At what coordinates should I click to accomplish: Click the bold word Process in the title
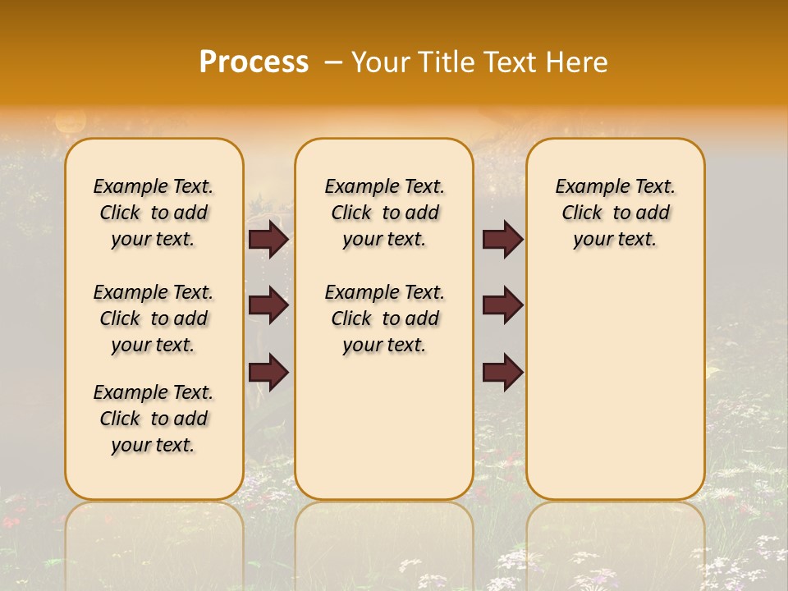coord(254,62)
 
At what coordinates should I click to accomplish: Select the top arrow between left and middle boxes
coord(268,240)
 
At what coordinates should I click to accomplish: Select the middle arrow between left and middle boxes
coord(268,305)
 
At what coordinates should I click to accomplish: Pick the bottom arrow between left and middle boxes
coord(268,372)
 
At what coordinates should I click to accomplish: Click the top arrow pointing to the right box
coord(502,240)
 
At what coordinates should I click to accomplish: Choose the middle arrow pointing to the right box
coord(502,305)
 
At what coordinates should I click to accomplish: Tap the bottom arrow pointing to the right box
coord(502,372)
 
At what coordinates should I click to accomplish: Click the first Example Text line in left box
coord(153,186)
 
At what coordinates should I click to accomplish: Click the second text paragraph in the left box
coord(153,318)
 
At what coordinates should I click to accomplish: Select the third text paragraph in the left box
coord(153,419)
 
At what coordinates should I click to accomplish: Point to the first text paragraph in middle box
coord(384,213)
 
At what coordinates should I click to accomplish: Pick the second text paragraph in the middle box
coord(384,318)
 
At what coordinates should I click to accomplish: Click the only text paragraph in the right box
coord(615,213)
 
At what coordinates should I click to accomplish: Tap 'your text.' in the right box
coord(615,240)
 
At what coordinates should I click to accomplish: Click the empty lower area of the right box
coord(615,394)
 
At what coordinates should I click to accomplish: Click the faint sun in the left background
coord(70,121)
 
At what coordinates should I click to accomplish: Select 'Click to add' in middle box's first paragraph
coord(384,213)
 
